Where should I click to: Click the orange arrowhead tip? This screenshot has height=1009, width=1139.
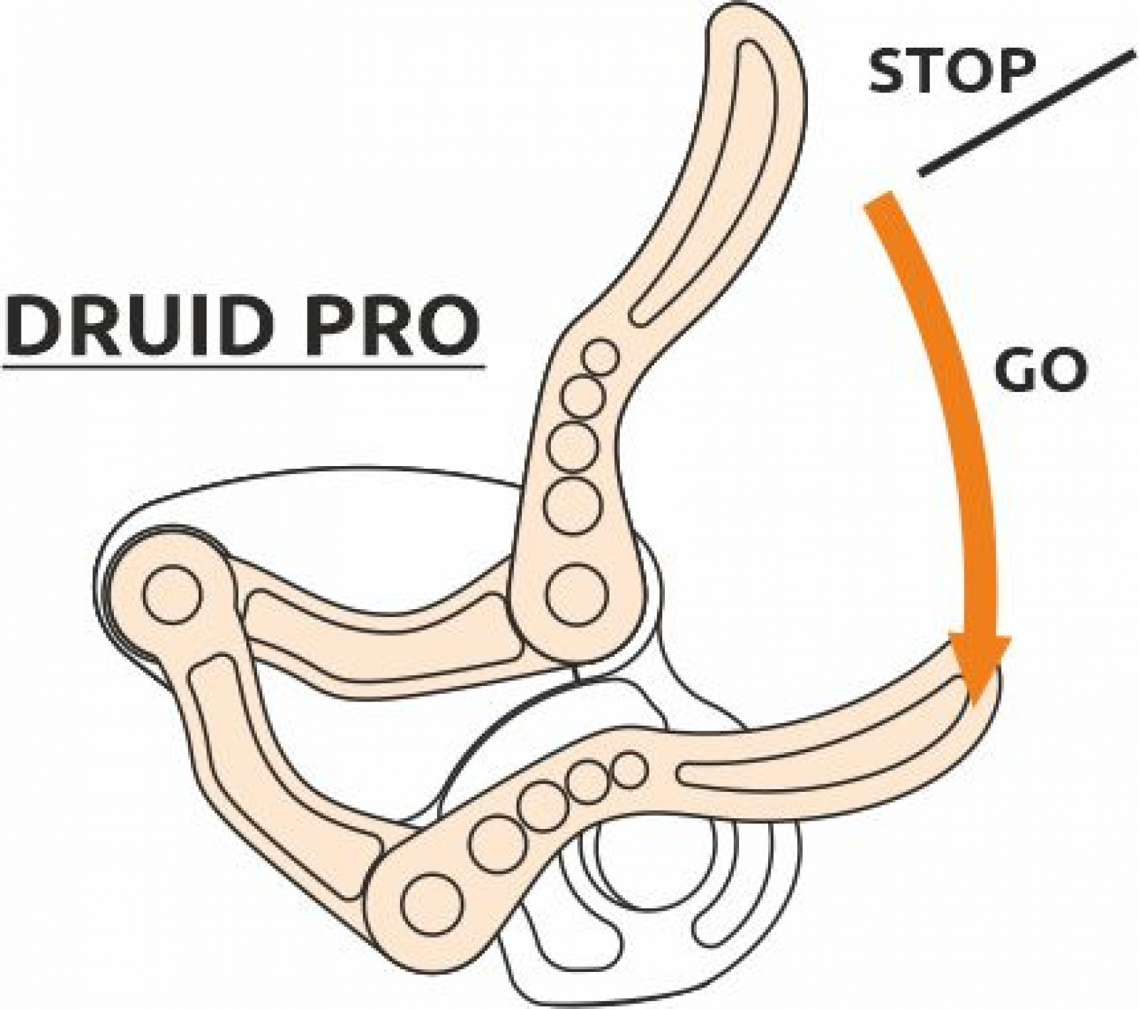980,701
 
